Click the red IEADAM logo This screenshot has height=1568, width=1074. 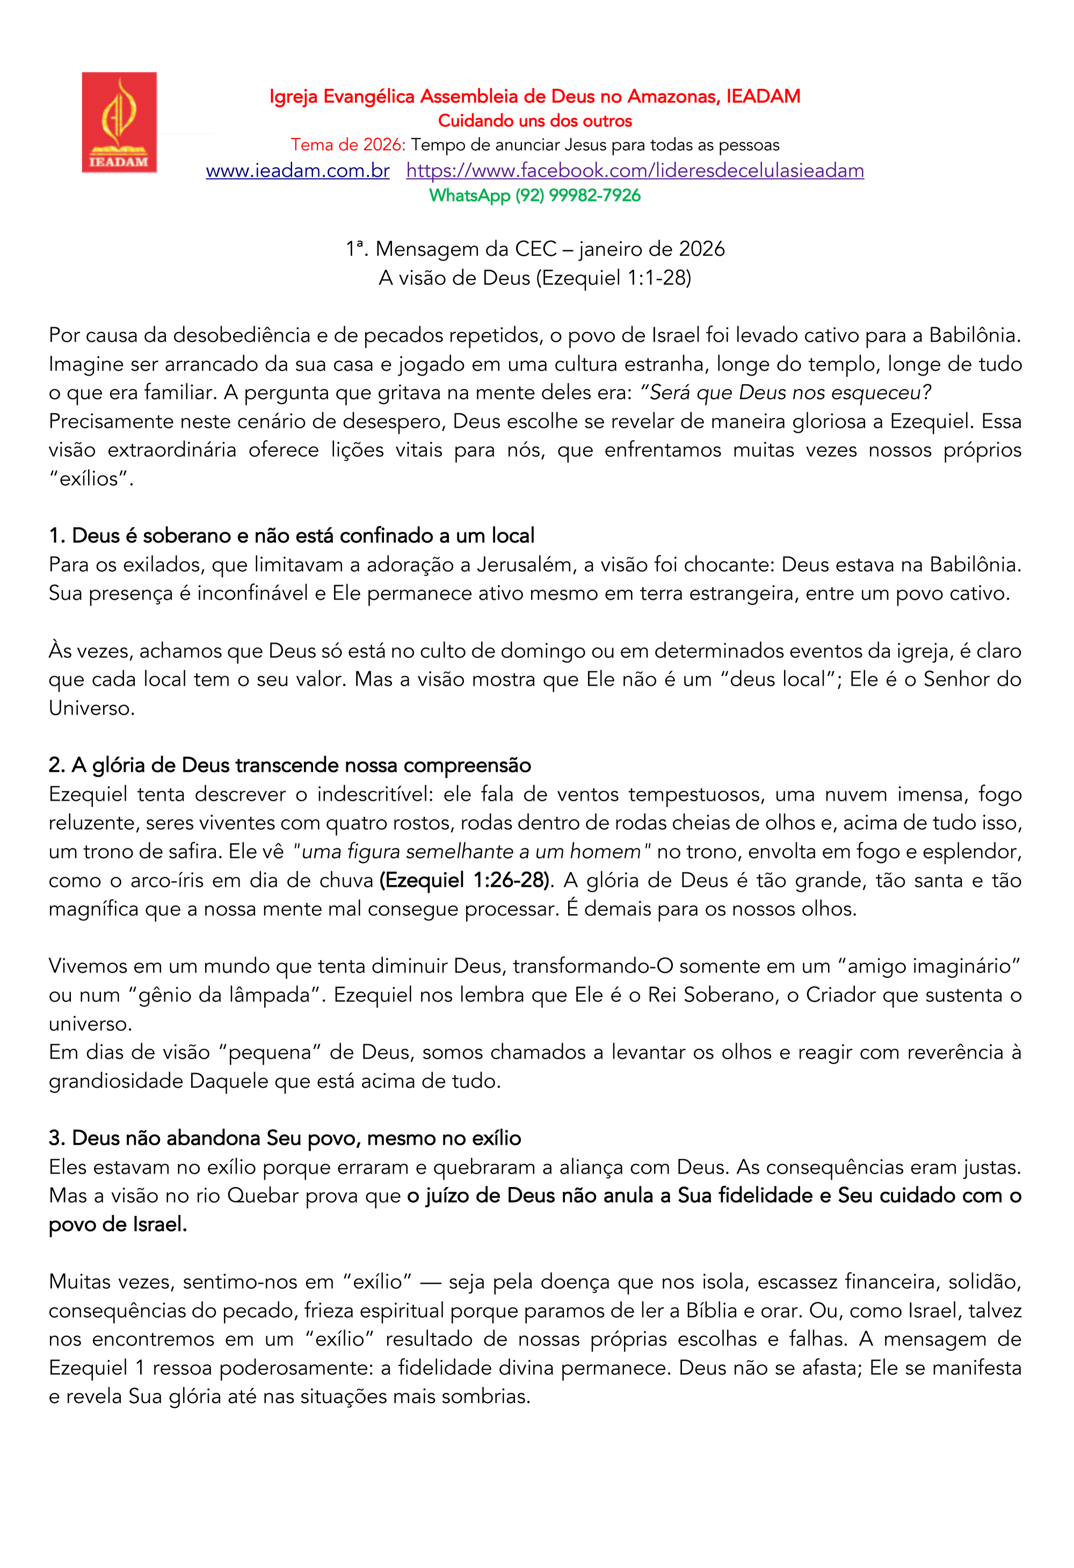pos(119,122)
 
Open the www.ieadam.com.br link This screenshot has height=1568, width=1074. pos(297,171)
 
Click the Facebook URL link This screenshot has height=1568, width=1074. pos(634,171)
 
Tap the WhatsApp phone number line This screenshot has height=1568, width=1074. pos(534,196)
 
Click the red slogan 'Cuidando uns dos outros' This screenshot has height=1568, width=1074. pos(534,121)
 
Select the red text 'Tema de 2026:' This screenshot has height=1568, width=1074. pos(348,145)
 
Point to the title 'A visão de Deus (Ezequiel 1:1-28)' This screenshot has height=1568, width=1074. pos(534,278)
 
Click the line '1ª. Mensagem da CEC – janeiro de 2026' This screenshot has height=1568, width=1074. pos(534,249)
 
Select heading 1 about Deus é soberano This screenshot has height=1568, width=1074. pos(292,536)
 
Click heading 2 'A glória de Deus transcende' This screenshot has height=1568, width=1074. pos(289,765)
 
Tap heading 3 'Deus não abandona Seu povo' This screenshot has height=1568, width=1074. pos(285,1138)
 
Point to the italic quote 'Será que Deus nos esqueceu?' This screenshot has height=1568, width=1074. pos(785,393)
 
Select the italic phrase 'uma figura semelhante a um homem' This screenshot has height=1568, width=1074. pos(471,852)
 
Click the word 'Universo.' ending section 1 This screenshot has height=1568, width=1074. pos(92,709)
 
